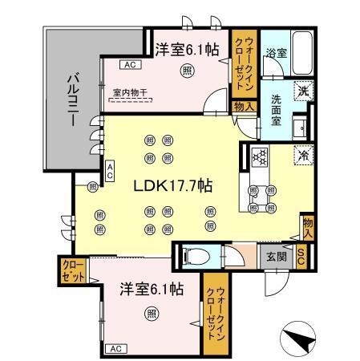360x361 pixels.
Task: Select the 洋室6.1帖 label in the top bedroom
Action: [x=187, y=49]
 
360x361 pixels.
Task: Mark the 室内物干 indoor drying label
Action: [x=130, y=93]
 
